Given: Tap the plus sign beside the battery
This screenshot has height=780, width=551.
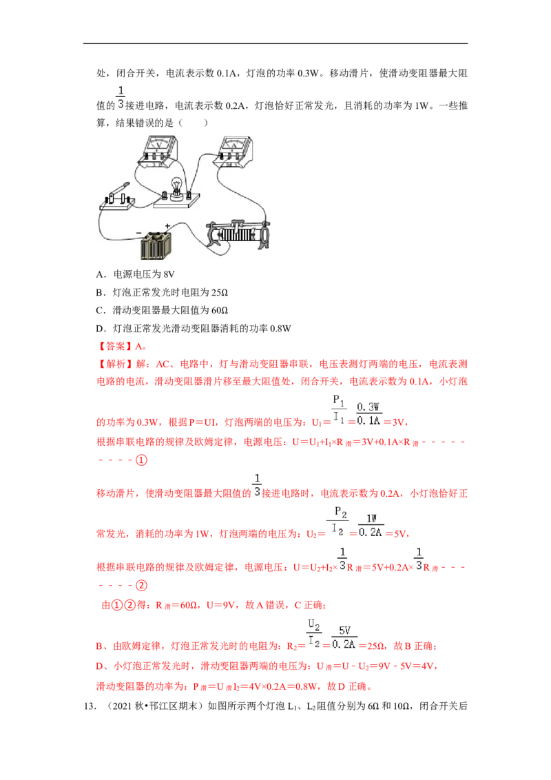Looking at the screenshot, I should pos(167,225).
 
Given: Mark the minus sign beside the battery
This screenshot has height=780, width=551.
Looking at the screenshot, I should pos(138,232).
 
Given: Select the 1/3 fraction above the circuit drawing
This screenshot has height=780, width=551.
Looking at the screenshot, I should pos(120,97).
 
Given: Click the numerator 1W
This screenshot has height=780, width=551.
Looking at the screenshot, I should pos(371,518).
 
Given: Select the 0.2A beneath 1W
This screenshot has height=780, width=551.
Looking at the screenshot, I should pos(371,532).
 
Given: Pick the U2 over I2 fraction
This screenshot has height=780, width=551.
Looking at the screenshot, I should pos(314,633).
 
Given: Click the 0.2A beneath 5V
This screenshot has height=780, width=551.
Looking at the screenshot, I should pos(344,644).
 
